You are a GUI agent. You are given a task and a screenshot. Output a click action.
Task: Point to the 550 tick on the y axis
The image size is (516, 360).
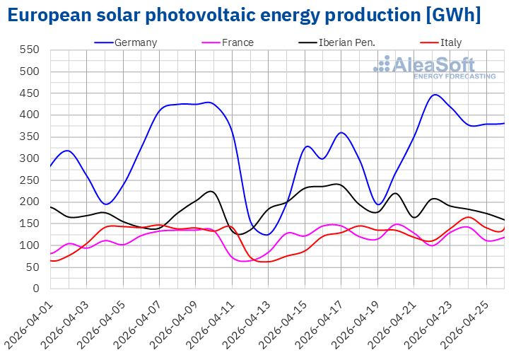tap(30, 50)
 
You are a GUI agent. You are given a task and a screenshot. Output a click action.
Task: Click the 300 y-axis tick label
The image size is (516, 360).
tap(30, 158)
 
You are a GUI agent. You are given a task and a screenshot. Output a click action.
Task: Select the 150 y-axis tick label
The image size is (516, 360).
tap(30, 223)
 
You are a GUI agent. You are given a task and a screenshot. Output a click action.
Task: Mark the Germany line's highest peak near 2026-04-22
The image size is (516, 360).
tap(435, 95)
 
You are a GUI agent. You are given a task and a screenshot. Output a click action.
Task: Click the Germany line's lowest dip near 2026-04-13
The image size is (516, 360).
tap(266, 234)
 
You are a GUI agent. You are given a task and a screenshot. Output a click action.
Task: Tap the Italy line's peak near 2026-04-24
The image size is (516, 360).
tap(468, 216)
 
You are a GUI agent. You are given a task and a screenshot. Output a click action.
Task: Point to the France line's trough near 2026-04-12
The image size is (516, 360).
tap(244, 261)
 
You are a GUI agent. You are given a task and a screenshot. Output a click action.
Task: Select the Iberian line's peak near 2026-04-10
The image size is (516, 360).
tap(211, 191)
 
